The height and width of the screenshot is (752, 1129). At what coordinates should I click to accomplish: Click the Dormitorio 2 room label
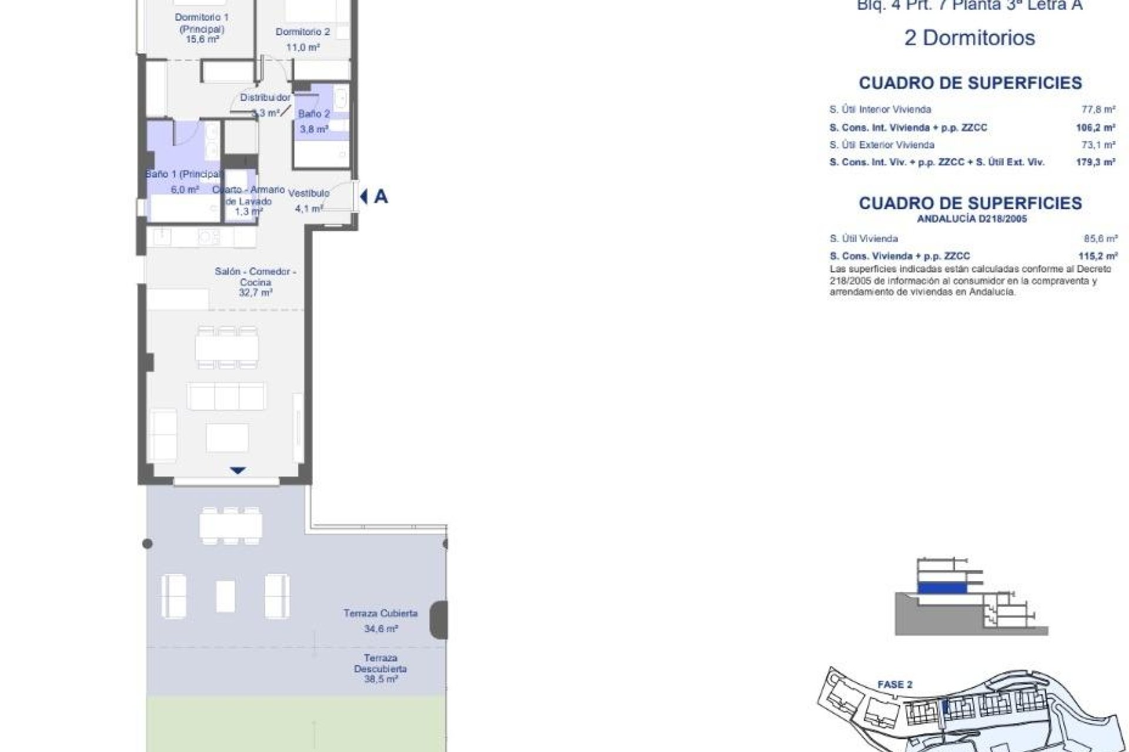[302, 32]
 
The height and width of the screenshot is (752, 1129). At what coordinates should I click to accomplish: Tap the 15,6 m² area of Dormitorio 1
[202, 40]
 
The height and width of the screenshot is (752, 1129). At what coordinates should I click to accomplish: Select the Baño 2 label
[314, 114]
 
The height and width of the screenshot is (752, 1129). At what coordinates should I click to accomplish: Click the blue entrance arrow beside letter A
[364, 197]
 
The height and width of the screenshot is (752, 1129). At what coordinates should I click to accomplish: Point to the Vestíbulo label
[309, 193]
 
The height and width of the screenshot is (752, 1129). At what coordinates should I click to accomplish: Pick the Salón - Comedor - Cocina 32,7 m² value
[255, 293]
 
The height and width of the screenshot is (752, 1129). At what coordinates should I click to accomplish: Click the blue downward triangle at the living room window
[238, 471]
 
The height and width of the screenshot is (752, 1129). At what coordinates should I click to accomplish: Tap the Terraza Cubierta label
[380, 613]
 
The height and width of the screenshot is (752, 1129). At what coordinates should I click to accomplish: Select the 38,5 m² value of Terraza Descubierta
[380, 679]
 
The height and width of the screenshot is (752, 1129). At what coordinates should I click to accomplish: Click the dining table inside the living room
[227, 348]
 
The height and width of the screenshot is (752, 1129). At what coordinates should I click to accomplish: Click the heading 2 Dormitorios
[970, 38]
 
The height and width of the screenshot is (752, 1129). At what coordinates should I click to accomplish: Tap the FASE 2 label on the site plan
[894, 684]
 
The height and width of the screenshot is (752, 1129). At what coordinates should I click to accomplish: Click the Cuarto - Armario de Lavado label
[249, 196]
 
